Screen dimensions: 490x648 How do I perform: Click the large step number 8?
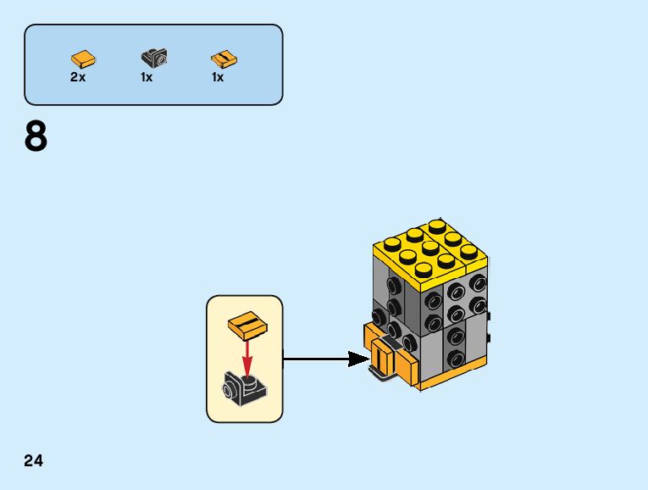(36, 137)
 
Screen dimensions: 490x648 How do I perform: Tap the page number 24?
(34, 461)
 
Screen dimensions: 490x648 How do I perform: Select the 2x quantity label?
(78, 77)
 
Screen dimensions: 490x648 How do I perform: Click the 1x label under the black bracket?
(147, 77)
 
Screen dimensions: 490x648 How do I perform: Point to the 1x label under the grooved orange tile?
(218, 77)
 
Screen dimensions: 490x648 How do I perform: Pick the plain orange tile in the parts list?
(83, 58)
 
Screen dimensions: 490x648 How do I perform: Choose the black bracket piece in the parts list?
(154, 58)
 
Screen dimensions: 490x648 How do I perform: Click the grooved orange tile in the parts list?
(222, 58)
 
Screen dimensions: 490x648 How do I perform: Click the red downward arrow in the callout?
(247, 356)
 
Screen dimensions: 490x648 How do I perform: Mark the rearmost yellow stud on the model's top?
(436, 226)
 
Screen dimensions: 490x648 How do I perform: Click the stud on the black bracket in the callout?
(247, 379)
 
